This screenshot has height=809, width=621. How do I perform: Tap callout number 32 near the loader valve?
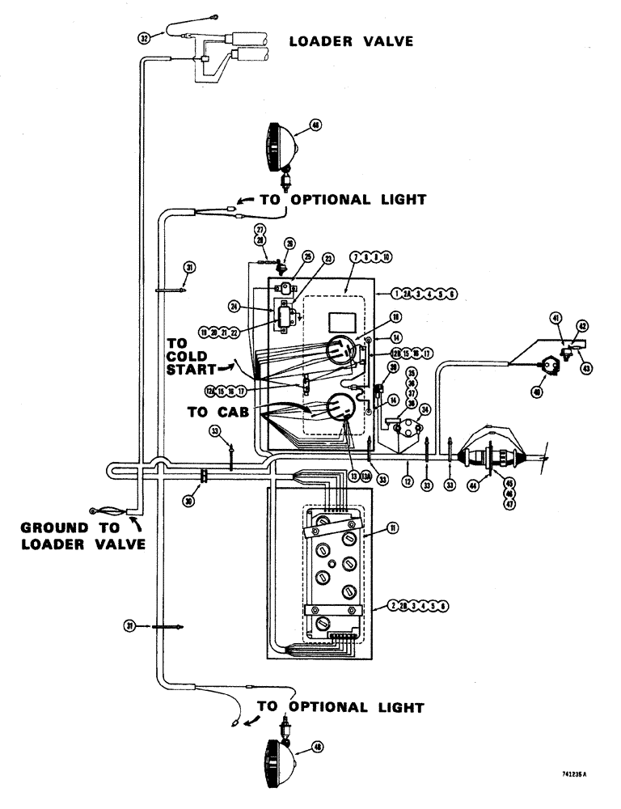tap(145, 37)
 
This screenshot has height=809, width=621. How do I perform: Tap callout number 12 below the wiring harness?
tap(408, 481)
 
